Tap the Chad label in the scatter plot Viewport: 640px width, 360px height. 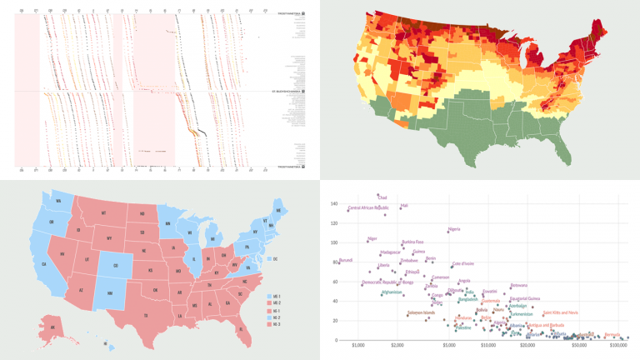[382, 197]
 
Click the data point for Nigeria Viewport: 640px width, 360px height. [447, 232]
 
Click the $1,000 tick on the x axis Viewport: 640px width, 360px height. [360, 346]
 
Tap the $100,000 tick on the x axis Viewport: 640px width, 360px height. [617, 346]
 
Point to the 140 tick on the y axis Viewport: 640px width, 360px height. [333, 204]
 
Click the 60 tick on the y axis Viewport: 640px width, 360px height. [335, 282]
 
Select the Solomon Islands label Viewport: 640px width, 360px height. [424, 313]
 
